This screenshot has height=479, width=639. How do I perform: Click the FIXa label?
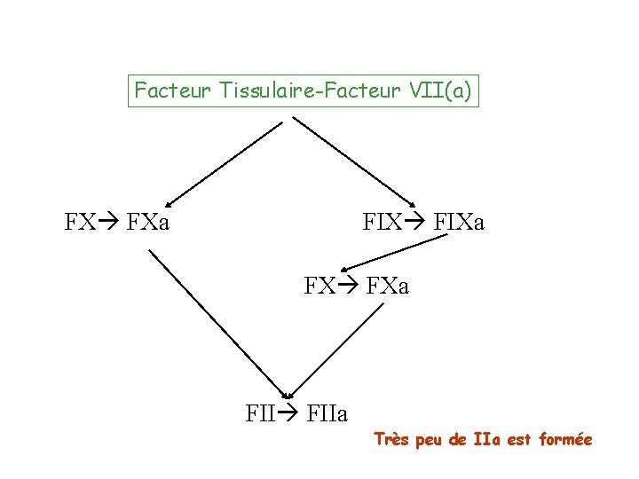458,221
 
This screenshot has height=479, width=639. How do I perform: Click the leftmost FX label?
80,221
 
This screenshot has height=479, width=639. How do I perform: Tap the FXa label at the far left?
148,221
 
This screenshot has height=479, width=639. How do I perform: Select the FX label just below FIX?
319,287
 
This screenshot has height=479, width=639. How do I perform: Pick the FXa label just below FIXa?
387,287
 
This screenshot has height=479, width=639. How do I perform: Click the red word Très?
390,439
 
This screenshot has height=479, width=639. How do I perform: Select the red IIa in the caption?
487,439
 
